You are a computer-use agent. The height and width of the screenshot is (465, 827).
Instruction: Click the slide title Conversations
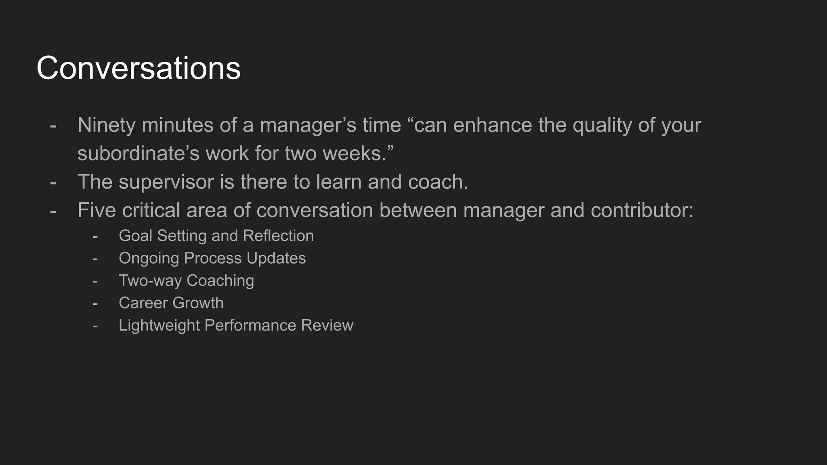click(x=139, y=68)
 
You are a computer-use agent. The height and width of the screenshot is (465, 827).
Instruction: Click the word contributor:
click(x=642, y=210)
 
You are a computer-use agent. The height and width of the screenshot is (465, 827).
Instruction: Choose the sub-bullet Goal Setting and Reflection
click(x=216, y=236)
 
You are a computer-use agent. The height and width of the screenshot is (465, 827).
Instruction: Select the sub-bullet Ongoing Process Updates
click(x=212, y=258)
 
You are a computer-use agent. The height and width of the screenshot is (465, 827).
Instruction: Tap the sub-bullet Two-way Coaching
click(x=186, y=281)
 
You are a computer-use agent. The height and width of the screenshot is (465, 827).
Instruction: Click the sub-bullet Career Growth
click(x=171, y=303)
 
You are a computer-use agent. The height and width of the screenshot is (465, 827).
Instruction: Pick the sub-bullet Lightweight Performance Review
click(x=236, y=325)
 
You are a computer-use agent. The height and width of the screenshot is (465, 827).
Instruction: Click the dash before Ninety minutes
click(x=53, y=126)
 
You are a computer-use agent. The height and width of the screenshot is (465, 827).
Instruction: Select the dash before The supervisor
click(x=53, y=182)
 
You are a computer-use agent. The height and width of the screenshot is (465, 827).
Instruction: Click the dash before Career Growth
click(x=95, y=303)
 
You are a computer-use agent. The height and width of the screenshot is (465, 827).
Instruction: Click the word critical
click(x=151, y=210)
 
